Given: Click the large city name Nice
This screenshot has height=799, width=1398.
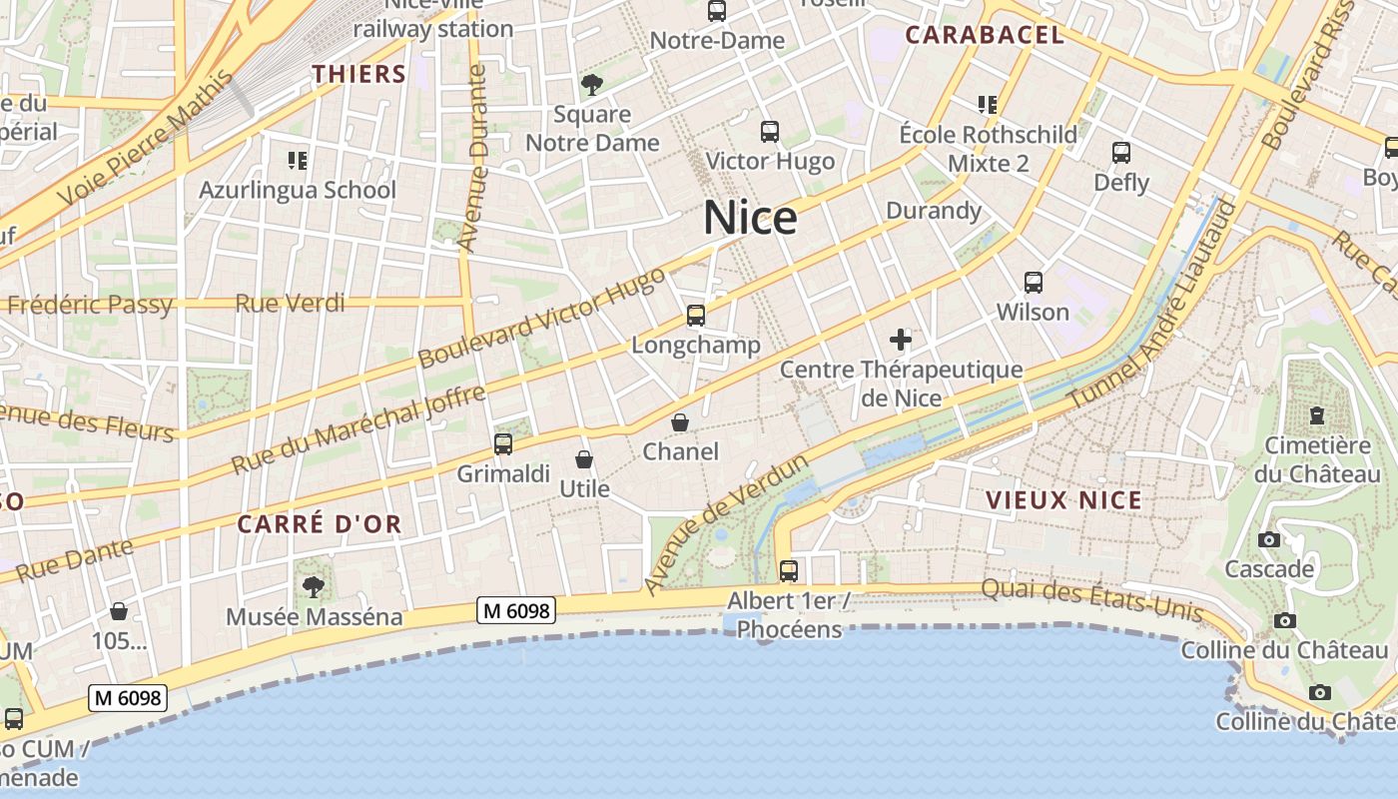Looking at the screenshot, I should click(750, 218).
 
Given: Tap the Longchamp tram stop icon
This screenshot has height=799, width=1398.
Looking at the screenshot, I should click(696, 316).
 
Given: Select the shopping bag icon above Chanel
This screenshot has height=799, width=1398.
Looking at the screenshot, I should click(680, 422).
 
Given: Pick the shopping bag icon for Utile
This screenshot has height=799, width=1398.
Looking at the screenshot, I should click(584, 459).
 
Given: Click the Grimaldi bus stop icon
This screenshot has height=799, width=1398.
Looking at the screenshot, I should click(503, 444).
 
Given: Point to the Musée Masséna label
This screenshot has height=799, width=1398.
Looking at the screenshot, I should click(315, 616).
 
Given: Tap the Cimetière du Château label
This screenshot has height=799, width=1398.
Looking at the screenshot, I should click(1317, 459).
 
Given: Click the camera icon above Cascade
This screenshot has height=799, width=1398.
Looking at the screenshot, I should click(1269, 540).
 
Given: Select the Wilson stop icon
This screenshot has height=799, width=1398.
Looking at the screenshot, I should click(1034, 283).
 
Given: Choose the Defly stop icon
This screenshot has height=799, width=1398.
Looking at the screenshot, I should click(1121, 153).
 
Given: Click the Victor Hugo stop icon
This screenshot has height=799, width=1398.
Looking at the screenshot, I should click(770, 131).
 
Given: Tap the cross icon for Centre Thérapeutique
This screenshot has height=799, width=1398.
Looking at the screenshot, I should click(901, 340).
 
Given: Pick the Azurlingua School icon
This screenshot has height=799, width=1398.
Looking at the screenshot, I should click(297, 160).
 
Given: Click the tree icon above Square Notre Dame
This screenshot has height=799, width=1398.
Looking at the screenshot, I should click(592, 84).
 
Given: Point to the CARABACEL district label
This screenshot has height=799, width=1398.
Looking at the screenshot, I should click(985, 35).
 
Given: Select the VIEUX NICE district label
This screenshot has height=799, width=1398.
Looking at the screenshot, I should click(1063, 500).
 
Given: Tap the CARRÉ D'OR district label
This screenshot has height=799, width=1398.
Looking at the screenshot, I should click(320, 523).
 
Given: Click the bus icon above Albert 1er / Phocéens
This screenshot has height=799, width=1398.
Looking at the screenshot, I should click(789, 571).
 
